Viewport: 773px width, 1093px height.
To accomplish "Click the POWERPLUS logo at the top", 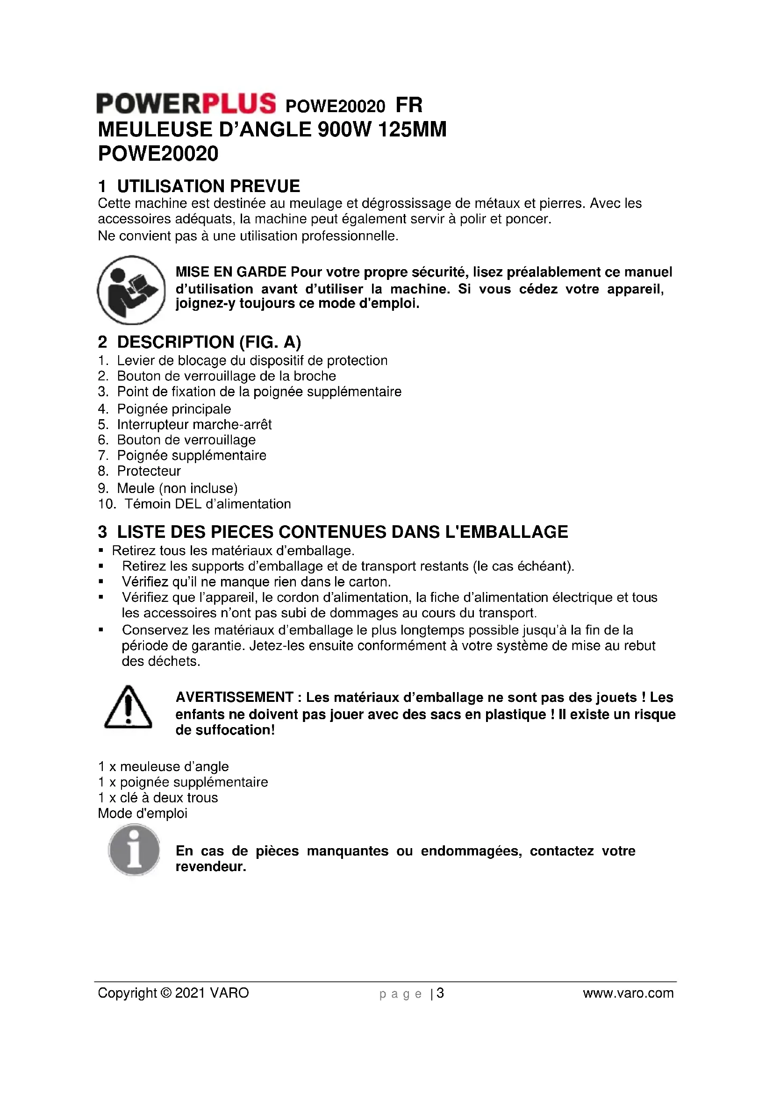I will [186, 103].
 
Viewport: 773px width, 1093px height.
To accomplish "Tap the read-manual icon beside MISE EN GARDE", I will [131, 290].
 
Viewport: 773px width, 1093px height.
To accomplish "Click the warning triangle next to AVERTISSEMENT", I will [128, 708].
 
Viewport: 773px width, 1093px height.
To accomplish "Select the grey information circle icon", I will [134, 850].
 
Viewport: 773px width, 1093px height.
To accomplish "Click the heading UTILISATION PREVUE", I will [208, 186].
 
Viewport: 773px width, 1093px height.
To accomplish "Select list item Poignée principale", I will [174, 409].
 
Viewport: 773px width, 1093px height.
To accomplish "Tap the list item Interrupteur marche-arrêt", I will [194, 424].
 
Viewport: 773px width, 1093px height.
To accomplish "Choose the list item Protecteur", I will [149, 471].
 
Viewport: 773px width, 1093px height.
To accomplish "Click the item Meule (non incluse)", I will [177, 488].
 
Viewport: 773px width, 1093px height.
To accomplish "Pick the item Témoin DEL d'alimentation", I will [208, 504].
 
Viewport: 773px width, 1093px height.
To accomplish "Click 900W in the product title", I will [344, 129].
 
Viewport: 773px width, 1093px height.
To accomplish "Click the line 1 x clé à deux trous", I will [158, 797].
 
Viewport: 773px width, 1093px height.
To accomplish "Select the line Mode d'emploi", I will [143, 813].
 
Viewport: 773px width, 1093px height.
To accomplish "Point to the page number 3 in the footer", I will [440, 993].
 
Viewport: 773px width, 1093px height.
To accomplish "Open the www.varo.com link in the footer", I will [628, 993].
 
